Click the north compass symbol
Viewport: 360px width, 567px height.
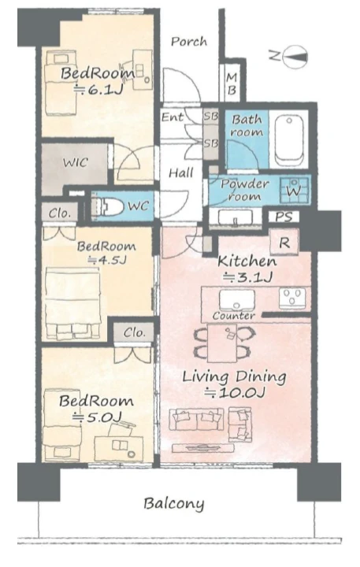(295, 57)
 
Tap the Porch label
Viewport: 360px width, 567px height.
(189, 42)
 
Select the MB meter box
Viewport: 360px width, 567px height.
(232, 83)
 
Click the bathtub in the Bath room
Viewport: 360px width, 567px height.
(289, 139)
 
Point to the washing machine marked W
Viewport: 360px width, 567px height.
(294, 190)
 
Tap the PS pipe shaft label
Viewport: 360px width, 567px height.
(284, 217)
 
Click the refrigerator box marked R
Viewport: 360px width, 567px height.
(284, 243)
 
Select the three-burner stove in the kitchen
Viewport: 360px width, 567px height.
(291, 298)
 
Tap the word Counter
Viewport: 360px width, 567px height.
(233, 316)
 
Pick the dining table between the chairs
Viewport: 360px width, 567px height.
(222, 343)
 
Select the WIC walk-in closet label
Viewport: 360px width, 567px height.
(76, 162)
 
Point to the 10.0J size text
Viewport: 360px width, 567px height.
(236, 391)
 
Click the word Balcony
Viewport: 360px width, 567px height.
(173, 504)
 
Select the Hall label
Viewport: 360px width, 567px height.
(181, 172)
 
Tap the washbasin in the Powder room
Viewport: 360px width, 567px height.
(236, 217)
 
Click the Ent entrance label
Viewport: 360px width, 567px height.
(173, 117)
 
